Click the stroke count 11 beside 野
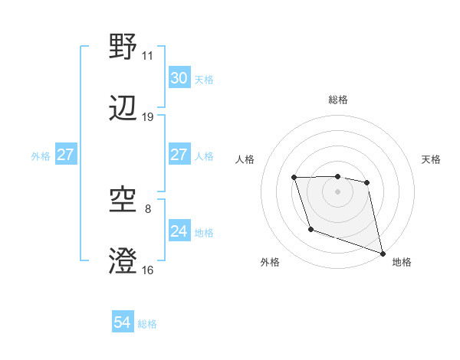tap(147, 56)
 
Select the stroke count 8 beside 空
tap(148, 208)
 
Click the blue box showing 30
tap(179, 78)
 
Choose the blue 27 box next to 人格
tap(179, 155)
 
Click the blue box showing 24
tap(179, 231)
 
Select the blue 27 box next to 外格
tap(65, 155)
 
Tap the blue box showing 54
tap(123, 323)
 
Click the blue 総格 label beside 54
tap(147, 324)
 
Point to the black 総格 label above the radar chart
tap(337, 100)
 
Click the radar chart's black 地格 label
tap(402, 262)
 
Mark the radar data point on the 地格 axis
tap(383, 253)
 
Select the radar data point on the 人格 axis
tap(294, 178)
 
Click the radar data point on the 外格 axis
tap(310, 229)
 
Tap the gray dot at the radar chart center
tap(337, 191)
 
